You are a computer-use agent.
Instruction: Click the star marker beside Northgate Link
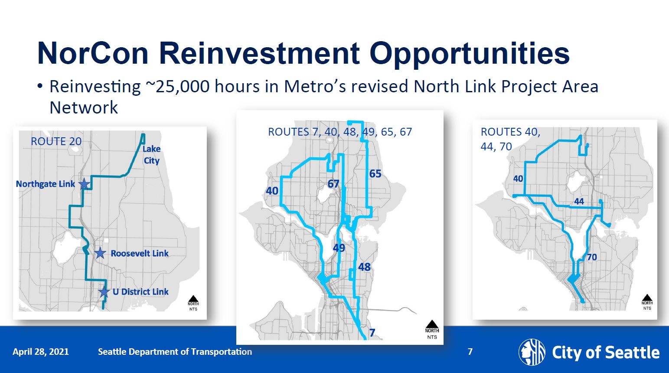pos(84,184)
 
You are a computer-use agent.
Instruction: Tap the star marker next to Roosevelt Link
pos(100,253)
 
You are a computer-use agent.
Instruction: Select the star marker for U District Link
pos(104,292)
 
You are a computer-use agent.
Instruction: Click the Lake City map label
pos(151,155)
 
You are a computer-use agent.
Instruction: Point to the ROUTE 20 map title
pos(56,141)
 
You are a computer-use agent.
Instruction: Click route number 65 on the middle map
pos(375,173)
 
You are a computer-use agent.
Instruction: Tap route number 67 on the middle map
pos(333,184)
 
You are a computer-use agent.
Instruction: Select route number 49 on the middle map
pos(339,248)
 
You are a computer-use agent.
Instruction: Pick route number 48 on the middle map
pos(364,267)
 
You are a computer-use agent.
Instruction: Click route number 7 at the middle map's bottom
pos(372,333)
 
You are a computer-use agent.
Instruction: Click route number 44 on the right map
pos(579,201)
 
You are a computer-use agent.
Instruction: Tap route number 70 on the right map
pos(592,257)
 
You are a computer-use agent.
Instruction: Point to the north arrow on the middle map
pos(432,324)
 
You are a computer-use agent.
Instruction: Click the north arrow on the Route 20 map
pos(193,298)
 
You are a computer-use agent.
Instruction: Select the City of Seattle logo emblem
pos(532,352)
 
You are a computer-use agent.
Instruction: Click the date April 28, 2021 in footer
pos(41,351)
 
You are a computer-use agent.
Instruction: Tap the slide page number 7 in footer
pos(470,351)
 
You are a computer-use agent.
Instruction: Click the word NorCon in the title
pos(93,53)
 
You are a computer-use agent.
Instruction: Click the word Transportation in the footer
pos(222,351)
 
